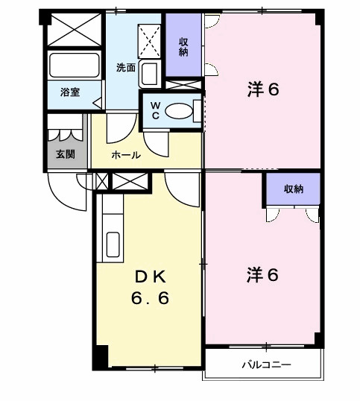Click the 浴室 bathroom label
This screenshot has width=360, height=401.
(69, 93)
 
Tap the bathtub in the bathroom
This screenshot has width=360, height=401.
(74, 66)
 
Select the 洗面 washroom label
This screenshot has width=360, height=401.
(125, 67)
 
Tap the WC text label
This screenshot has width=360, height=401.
(155, 111)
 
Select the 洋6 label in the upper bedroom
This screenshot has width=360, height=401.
(262, 90)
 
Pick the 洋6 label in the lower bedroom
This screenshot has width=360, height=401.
(262, 275)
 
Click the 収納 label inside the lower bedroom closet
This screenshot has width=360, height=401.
(293, 189)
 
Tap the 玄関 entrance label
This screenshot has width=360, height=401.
(65, 155)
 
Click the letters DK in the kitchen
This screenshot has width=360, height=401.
(152, 277)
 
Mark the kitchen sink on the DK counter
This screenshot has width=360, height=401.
(114, 244)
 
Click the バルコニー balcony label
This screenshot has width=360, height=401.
(265, 365)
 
